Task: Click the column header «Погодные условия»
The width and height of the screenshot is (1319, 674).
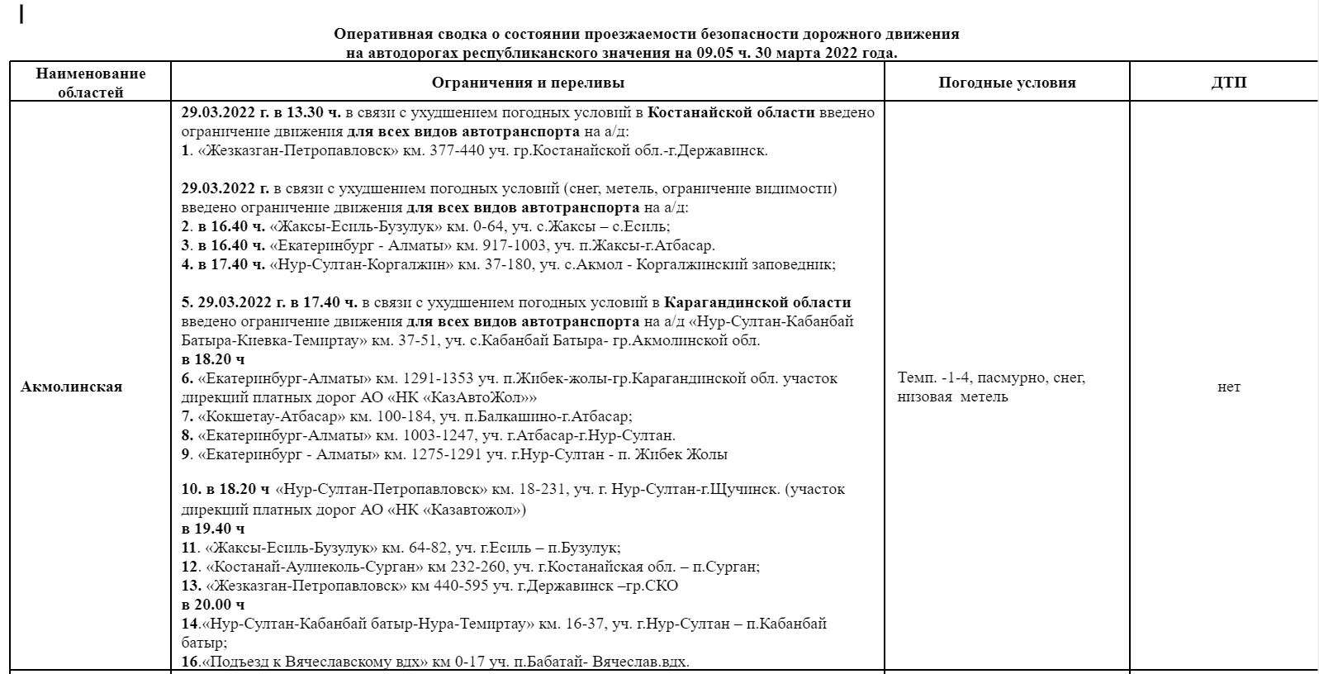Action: point(1007,83)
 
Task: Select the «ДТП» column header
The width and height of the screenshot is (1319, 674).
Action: point(1228,83)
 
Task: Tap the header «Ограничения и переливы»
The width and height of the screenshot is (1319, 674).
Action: point(528,83)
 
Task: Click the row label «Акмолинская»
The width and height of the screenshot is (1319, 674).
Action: point(72,387)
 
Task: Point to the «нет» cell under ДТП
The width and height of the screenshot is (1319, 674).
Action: point(1228,387)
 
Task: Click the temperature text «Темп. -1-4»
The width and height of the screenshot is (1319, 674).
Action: point(930,377)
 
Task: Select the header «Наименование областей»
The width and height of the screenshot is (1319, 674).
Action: point(90,83)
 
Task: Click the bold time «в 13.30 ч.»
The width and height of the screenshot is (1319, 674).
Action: point(306,112)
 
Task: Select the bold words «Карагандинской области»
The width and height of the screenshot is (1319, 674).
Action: point(757,302)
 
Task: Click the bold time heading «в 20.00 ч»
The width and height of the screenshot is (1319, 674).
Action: point(213,605)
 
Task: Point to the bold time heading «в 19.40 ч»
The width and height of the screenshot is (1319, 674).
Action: point(213,529)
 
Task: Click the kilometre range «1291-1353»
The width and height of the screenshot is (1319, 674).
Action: point(438,378)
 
